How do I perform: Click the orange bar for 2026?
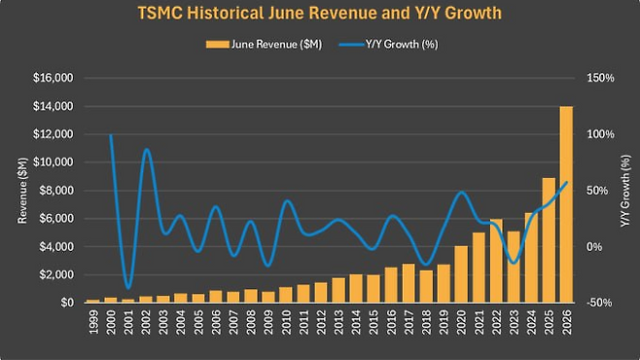[566, 204]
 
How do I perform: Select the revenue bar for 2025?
[549, 240]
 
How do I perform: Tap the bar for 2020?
[461, 274]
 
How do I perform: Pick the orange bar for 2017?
[409, 283]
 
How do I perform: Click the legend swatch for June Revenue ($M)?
[217, 45]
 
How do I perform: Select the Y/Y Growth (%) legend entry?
[389, 44]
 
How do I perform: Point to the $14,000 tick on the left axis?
[53, 106]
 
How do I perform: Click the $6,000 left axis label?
[55, 219]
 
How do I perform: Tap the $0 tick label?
[67, 303]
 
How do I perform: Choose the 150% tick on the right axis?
[600, 78]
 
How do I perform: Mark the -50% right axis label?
[599, 303]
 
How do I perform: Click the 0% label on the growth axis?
[595, 247]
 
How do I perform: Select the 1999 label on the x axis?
[93, 322]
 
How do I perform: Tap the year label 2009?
[268, 322]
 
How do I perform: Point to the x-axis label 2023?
[514, 322]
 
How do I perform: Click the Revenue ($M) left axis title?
[22, 191]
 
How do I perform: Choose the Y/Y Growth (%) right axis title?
[625, 191]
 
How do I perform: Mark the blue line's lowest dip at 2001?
[128, 288]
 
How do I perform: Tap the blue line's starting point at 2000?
[111, 135]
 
